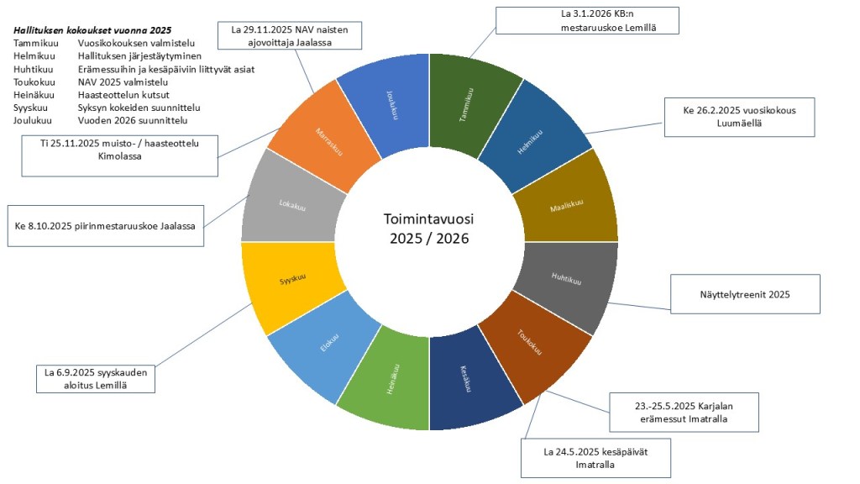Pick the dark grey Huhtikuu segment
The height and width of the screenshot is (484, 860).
pyautogui.click(x=568, y=278)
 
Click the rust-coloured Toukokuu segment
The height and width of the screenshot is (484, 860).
pyautogui.click(x=537, y=345)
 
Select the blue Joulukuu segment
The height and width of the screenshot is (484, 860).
pyautogui.click(x=387, y=106)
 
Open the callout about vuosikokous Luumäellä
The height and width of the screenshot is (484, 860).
pyautogui.click(x=739, y=117)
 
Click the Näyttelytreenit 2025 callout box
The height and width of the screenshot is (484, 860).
pyautogui.click(x=746, y=294)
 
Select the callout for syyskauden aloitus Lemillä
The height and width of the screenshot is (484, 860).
pyautogui.click(x=96, y=377)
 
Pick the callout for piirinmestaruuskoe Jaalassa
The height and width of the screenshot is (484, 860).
pyautogui.click(x=105, y=226)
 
